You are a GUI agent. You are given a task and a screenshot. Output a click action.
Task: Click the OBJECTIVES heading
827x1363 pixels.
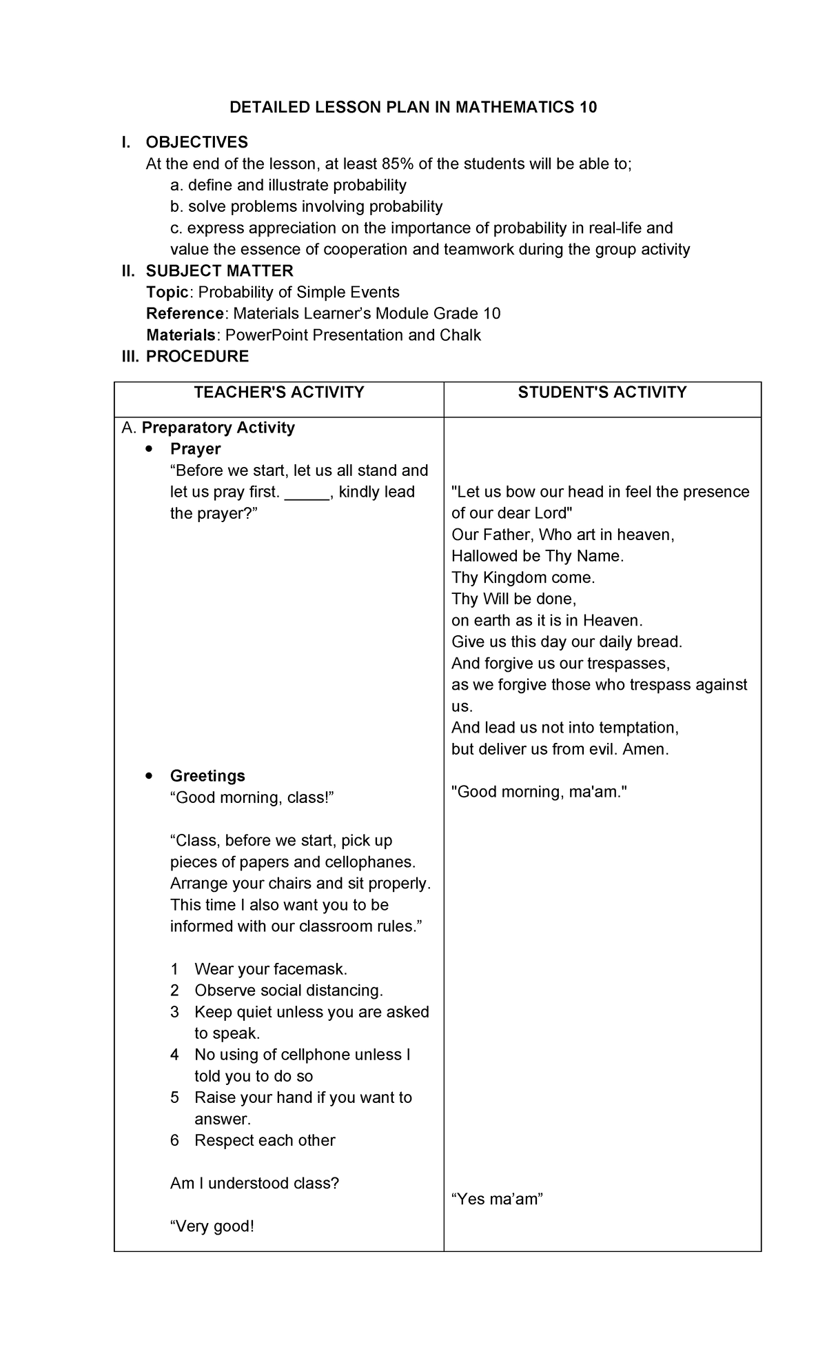pos(196,142)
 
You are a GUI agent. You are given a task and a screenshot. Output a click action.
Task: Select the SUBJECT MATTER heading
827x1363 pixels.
pos(219,270)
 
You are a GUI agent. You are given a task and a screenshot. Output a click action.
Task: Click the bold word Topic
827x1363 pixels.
pos(167,292)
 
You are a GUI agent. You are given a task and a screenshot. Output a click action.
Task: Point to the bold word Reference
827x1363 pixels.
pos(185,313)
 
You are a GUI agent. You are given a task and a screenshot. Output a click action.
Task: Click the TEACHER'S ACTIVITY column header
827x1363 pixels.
pos(278,392)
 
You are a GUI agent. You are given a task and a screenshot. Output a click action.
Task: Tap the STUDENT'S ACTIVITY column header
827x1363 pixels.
pos(602,392)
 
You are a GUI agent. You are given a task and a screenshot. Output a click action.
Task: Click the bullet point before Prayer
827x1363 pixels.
pos(150,449)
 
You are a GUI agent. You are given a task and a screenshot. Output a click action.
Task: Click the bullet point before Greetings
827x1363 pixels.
pos(150,776)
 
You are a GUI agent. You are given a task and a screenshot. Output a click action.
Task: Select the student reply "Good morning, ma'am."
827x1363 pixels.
pos(540,792)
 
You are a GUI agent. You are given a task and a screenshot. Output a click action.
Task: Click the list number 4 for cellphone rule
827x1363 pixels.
pos(175,1055)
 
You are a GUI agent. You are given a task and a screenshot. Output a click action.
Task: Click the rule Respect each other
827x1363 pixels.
pos(265,1140)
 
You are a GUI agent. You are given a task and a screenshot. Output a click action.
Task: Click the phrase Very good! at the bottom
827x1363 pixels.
pos(212,1226)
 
